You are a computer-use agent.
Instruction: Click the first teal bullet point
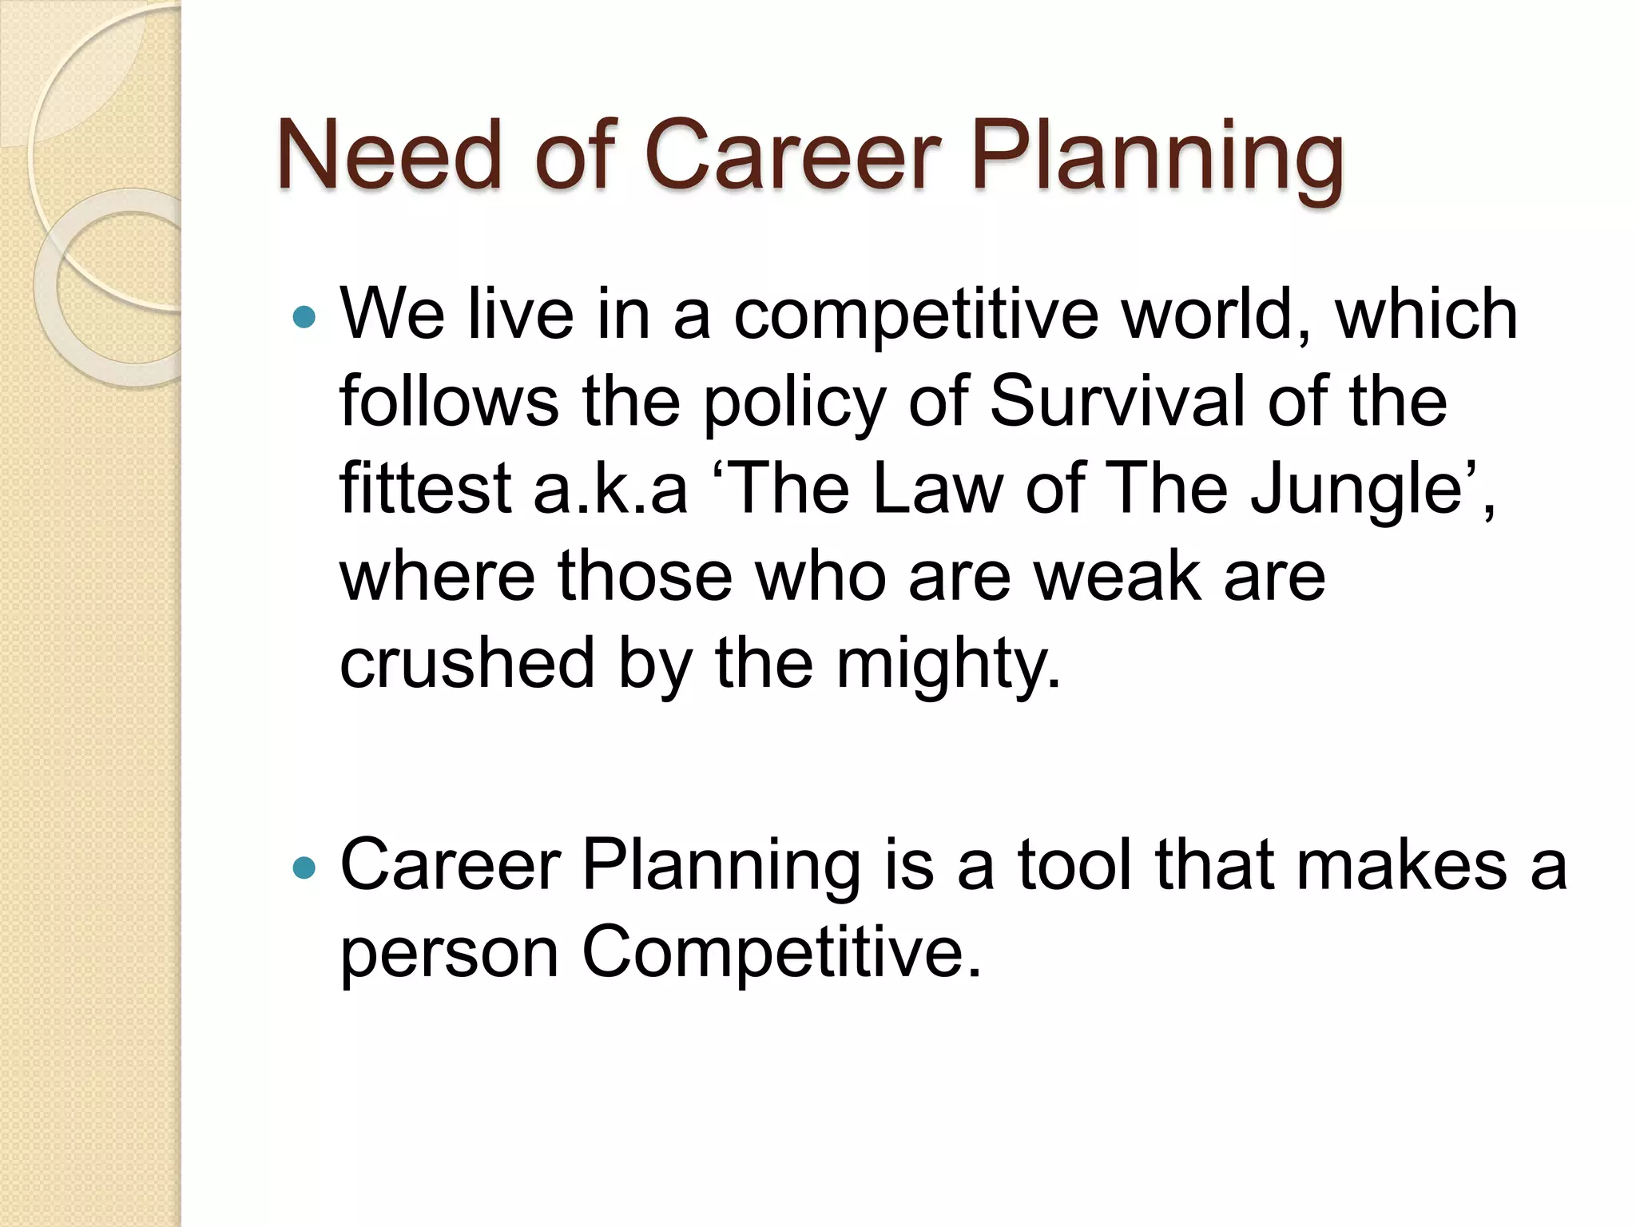click(304, 317)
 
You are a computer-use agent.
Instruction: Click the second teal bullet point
click(304, 868)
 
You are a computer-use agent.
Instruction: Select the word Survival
click(1118, 401)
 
